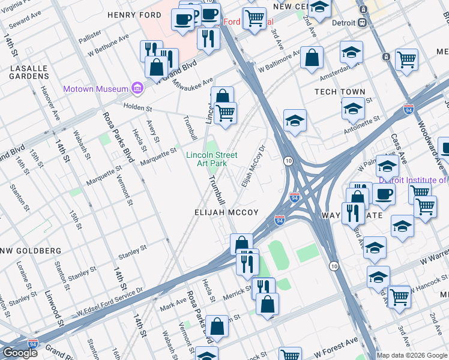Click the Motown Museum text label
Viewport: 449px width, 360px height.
click(x=97, y=89)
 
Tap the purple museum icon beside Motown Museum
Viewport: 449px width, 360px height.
click(x=137, y=89)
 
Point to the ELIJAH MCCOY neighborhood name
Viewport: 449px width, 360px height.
click(x=226, y=212)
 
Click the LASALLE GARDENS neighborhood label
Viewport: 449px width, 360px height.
click(x=29, y=72)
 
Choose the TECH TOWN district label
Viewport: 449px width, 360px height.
click(x=340, y=92)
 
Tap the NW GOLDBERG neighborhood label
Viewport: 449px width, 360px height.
click(x=30, y=250)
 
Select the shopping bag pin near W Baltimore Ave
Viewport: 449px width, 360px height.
click(x=312, y=58)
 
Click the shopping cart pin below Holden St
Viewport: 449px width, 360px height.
click(x=225, y=113)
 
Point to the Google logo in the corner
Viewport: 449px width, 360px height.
click(x=20, y=353)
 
